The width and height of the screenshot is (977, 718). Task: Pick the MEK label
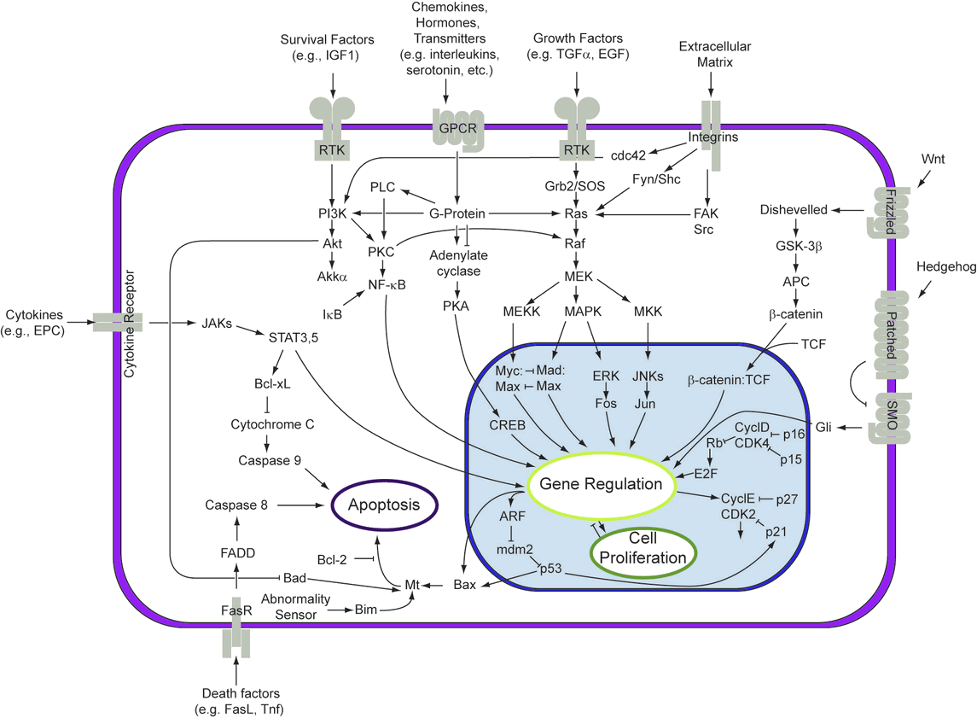(579, 277)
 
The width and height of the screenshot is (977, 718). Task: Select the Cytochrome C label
(268, 423)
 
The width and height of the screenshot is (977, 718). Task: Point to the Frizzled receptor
(885, 213)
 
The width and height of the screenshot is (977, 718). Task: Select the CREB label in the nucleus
(506, 423)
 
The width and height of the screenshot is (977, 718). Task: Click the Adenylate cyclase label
(457, 263)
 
